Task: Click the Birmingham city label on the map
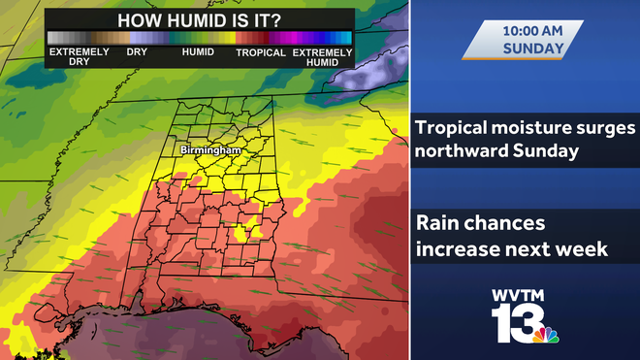point(209,150)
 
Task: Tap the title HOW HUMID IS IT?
point(198,20)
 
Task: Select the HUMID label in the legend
point(198,51)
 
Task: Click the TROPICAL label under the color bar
point(261,51)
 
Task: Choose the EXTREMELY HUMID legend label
point(322,56)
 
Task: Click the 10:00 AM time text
point(533,29)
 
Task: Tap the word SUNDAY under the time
point(533,47)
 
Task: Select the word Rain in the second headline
point(437,224)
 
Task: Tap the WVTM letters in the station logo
point(525,295)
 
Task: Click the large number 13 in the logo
point(514,324)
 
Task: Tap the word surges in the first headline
point(607,128)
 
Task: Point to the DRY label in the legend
point(137,51)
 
